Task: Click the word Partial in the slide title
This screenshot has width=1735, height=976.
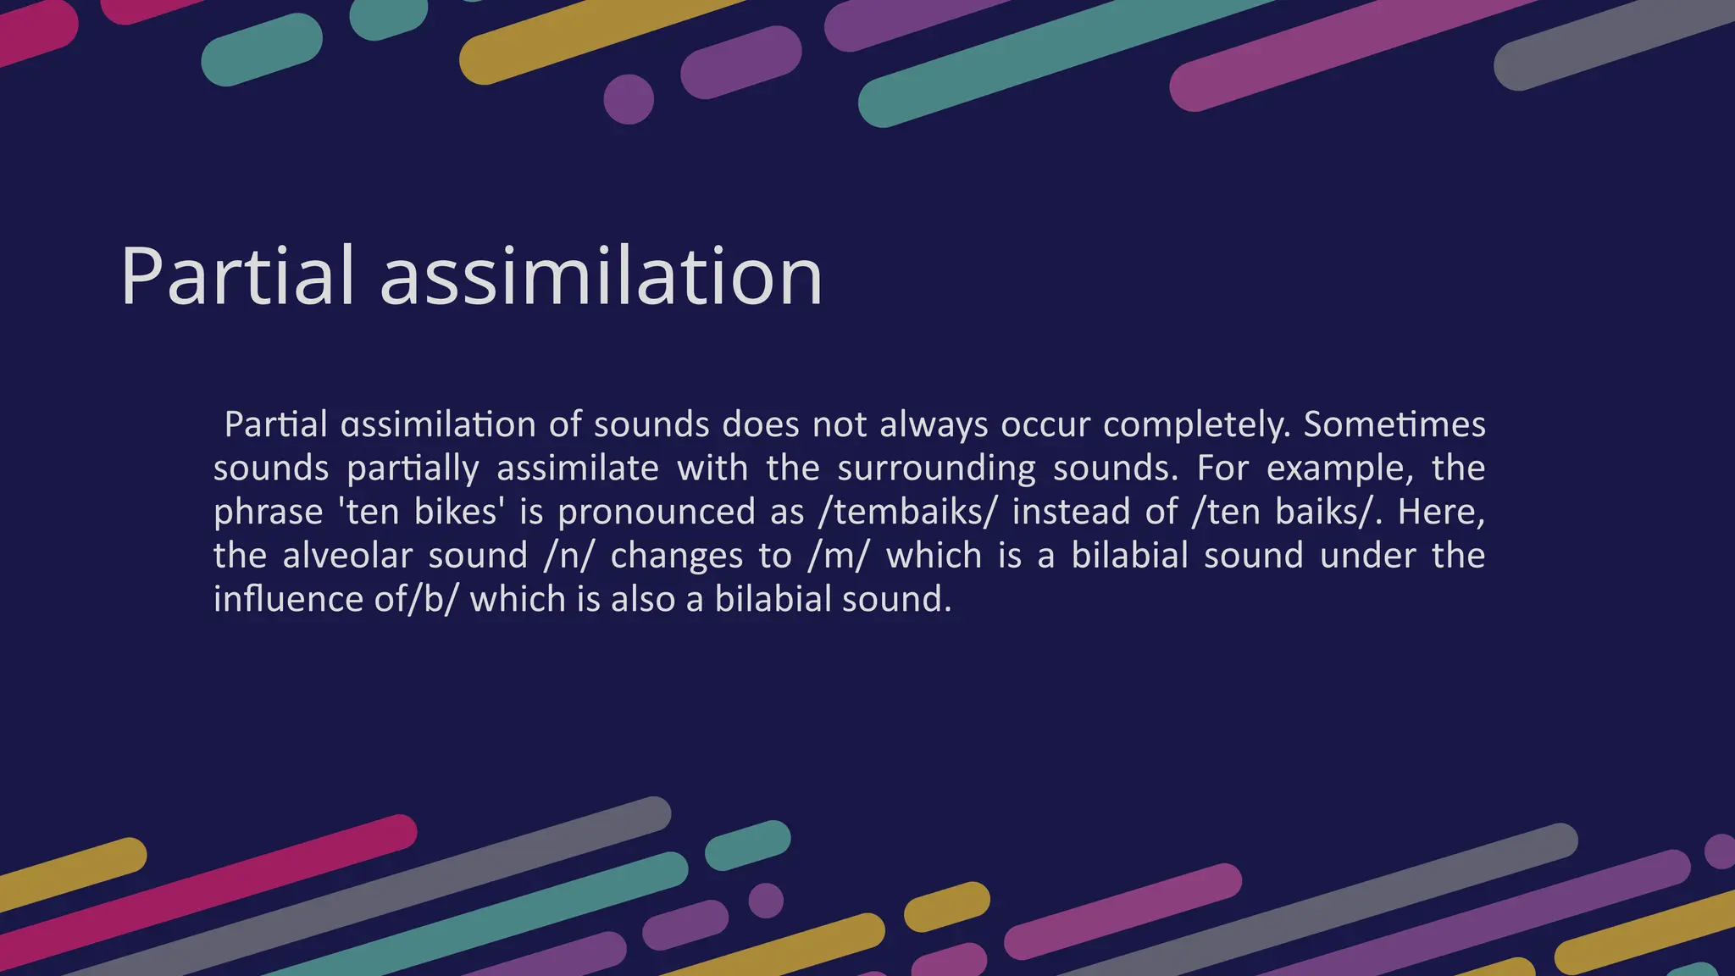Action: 237,275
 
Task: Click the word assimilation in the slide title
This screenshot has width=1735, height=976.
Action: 601,275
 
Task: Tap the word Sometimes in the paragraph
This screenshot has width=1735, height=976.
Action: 1394,424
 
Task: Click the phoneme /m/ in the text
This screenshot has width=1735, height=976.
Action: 839,556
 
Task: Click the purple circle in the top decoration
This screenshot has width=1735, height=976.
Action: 629,99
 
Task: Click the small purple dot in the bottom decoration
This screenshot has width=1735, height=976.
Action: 766,900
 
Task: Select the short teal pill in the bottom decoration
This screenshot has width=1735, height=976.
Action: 747,845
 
